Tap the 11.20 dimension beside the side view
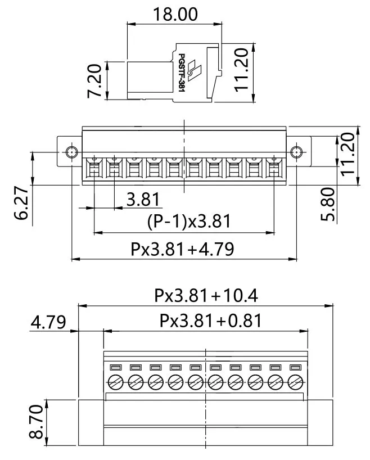click(x=242, y=75)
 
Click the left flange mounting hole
click(x=71, y=152)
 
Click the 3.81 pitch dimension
click(x=142, y=199)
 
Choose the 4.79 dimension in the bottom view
click(x=48, y=322)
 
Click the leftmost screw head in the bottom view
click(x=116, y=382)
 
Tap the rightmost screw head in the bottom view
click(x=295, y=382)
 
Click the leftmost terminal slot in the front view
click(x=93, y=167)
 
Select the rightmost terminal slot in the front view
click(x=274, y=167)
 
